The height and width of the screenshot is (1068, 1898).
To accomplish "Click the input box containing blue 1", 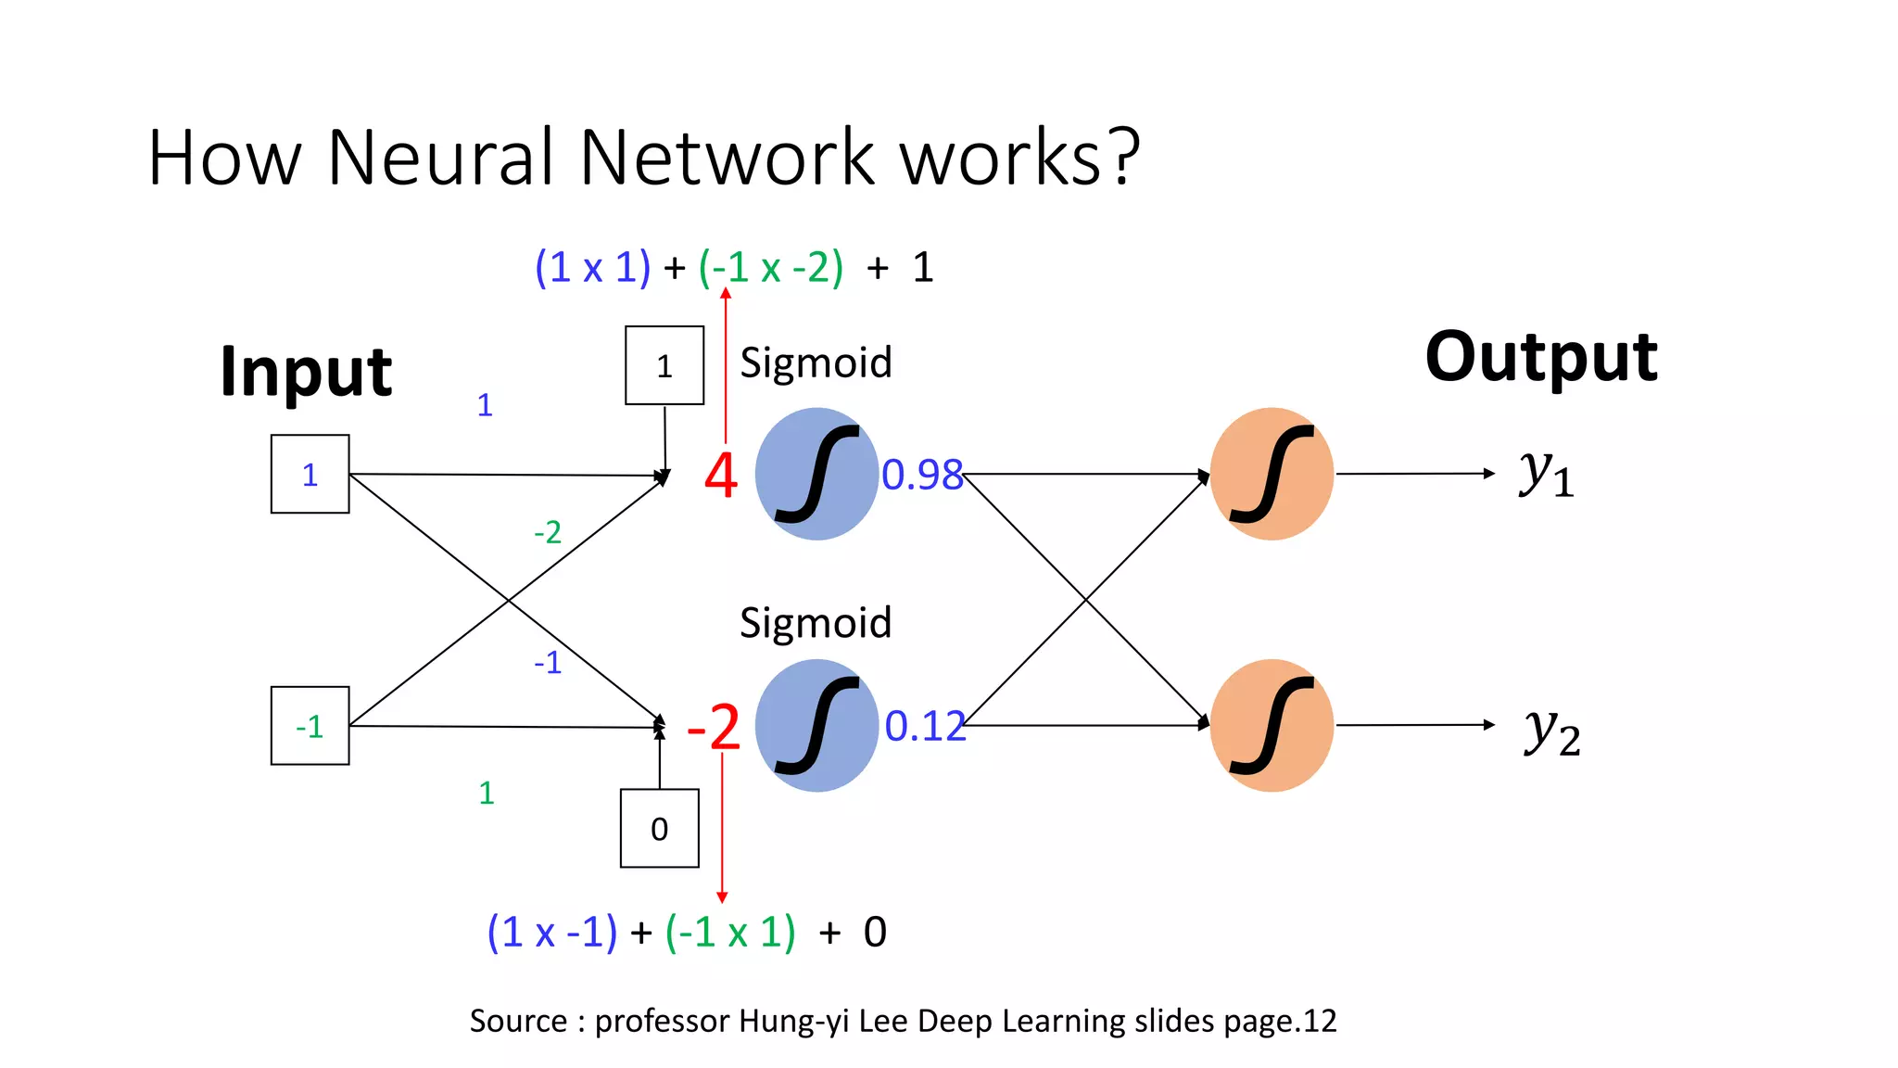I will click(x=310, y=474).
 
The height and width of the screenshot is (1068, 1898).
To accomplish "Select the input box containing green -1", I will click(x=310, y=726).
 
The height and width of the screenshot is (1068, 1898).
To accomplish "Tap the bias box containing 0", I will click(x=659, y=828).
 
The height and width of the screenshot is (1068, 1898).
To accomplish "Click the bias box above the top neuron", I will click(x=664, y=365).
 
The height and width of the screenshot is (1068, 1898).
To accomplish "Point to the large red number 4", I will click(x=720, y=476).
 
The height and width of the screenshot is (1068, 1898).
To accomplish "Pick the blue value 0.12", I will click(x=924, y=726).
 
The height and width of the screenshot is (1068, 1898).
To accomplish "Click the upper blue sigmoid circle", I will click(x=816, y=474).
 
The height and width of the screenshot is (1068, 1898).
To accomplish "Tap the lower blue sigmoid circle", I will click(x=816, y=725).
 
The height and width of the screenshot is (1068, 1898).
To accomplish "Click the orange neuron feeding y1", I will click(x=1272, y=474).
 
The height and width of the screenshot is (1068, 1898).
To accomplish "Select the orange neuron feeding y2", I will click(x=1272, y=725).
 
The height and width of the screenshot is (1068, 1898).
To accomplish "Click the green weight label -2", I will click(x=548, y=532).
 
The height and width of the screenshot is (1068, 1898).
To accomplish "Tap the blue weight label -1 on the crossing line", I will click(x=548, y=662).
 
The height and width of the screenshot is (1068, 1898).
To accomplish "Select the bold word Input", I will click(x=306, y=371).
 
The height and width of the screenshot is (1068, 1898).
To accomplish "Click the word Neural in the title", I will click(x=440, y=157).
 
